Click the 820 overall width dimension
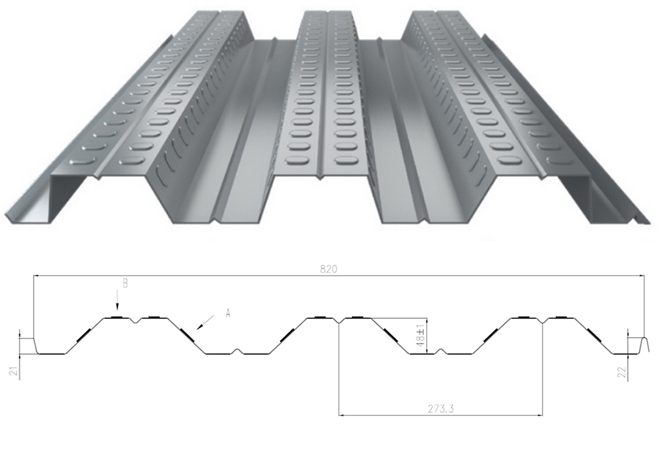tap(329, 270)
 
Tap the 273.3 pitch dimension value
tap(441, 408)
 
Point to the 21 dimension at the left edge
tap(13, 372)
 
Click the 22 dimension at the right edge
tap(622, 372)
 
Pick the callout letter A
tap(228, 313)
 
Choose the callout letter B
tap(125, 284)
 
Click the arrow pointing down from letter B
tap(117, 303)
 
